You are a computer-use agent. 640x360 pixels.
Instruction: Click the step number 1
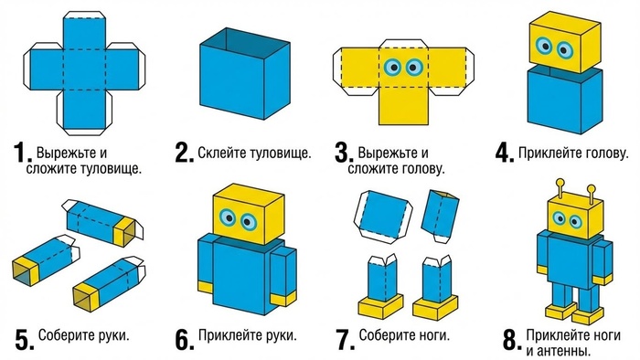tap(22, 153)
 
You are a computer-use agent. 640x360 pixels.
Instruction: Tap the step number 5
tap(25, 340)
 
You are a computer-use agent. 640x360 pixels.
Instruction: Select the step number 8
tap(512, 340)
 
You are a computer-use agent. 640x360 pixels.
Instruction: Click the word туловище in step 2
tap(279, 154)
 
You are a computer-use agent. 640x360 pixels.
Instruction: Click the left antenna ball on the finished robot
tap(560, 182)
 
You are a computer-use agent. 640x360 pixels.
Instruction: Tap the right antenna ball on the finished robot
tap(591, 189)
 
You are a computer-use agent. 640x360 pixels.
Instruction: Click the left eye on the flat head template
tap(393, 67)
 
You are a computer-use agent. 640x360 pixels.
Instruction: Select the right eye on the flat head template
tap(414, 67)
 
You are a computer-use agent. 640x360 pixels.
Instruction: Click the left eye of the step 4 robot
tap(544, 46)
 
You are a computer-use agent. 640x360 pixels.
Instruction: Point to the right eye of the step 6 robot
tap(248, 222)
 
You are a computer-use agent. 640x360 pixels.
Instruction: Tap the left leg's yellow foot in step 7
tap(380, 307)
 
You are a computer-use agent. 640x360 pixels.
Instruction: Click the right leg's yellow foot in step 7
tap(435, 307)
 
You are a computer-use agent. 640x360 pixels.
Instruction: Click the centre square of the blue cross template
tap(84, 69)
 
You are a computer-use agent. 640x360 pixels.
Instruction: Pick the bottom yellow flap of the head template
tap(403, 106)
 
